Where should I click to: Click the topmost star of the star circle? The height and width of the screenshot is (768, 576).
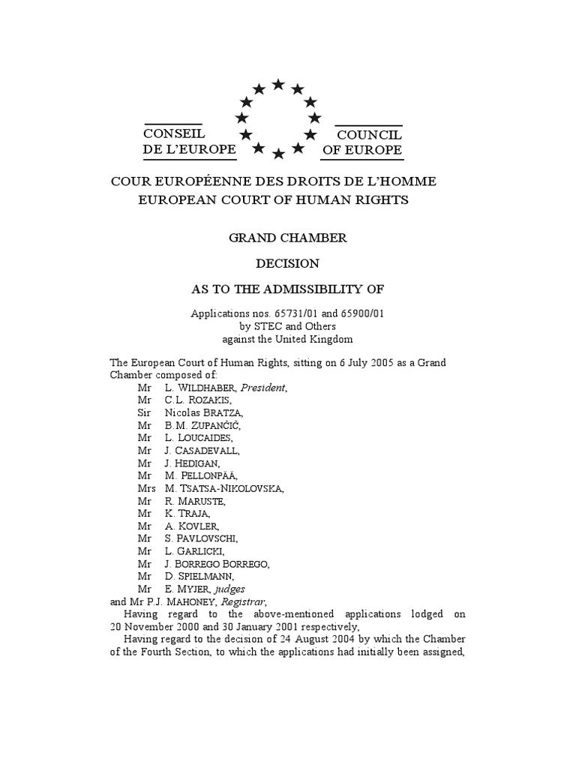pos(278,84)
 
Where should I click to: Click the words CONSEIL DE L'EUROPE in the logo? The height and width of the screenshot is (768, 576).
pos(190,142)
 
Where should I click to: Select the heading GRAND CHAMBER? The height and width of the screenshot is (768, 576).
pos(287,238)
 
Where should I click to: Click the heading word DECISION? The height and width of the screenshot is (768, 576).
pos(287,263)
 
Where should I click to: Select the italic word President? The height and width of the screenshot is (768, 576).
pos(263,388)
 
